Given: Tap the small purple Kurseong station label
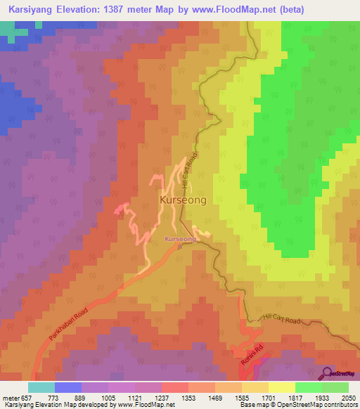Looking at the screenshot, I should click(180, 239).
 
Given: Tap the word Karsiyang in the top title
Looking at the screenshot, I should click(32, 10).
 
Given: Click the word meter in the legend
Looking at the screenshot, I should click(10, 397).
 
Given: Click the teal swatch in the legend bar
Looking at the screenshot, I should click(41, 387).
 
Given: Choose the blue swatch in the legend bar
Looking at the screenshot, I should click(68, 387).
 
